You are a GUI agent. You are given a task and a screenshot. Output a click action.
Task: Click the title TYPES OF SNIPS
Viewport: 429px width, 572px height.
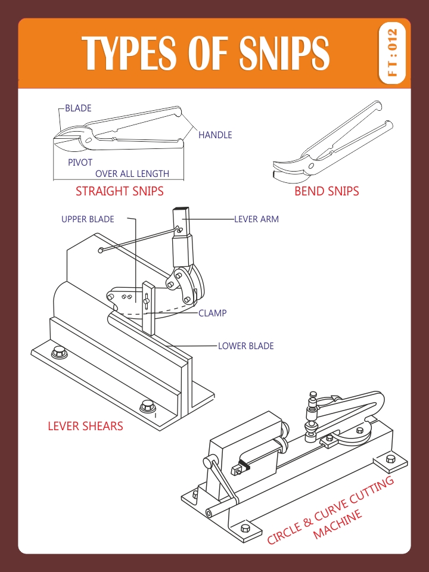[206, 54]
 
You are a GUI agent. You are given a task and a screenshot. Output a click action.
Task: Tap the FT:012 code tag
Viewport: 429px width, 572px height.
[392, 53]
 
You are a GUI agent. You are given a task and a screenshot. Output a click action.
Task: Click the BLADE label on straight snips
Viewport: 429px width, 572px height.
[78, 108]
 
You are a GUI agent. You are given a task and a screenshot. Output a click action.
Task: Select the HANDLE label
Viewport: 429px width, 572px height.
[215, 135]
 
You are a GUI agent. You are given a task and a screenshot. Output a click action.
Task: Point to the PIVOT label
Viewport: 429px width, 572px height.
[80, 162]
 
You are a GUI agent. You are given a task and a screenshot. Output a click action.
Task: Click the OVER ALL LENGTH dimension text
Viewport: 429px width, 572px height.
[132, 174]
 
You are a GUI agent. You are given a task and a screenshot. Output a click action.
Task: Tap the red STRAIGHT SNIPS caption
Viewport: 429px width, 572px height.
[119, 191]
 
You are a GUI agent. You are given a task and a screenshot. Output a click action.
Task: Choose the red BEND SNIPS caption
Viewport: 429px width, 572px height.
[327, 191]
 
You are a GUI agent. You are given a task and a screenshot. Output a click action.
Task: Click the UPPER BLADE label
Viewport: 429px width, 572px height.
[88, 219]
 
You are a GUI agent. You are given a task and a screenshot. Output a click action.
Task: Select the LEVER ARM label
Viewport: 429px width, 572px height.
[256, 219]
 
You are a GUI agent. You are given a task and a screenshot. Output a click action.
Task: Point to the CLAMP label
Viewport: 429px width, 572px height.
[212, 313]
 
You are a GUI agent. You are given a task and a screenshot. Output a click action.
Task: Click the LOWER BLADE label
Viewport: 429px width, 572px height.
[245, 346]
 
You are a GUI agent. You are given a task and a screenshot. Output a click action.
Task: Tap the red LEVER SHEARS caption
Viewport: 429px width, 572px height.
[85, 426]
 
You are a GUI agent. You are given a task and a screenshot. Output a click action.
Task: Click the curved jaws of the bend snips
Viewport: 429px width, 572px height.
[289, 170]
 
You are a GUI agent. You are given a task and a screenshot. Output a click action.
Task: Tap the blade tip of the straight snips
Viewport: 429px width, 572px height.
[56, 138]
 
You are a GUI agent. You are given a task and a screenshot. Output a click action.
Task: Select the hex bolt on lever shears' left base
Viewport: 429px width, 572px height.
[59, 351]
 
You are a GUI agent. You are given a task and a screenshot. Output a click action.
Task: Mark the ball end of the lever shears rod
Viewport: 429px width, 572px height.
[102, 250]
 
